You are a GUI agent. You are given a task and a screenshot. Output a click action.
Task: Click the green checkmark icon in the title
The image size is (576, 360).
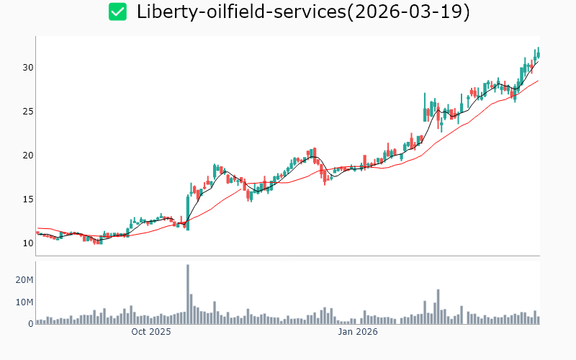click(x=117, y=12)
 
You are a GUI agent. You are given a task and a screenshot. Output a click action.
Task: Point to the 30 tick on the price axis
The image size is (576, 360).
click(x=27, y=67)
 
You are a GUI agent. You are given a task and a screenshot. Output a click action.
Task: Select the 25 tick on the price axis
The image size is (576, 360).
click(x=27, y=111)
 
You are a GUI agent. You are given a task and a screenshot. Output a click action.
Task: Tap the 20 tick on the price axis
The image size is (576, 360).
click(x=27, y=155)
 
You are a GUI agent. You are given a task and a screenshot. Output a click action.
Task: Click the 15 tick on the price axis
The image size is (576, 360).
click(x=27, y=199)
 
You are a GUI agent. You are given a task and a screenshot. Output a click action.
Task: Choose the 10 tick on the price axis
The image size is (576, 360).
click(x=27, y=243)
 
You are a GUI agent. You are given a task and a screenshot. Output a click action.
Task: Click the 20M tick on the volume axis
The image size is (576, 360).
click(x=24, y=279)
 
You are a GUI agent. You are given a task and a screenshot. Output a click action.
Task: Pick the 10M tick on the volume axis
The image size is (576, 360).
click(x=24, y=302)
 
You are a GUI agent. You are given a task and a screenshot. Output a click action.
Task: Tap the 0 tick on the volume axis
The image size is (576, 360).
click(x=31, y=324)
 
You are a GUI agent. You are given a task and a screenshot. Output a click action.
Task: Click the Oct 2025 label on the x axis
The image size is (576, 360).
click(x=151, y=332)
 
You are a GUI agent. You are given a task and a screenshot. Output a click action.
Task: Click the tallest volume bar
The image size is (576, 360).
click(x=188, y=294)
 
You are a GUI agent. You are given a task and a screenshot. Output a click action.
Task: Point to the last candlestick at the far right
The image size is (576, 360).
click(x=538, y=53)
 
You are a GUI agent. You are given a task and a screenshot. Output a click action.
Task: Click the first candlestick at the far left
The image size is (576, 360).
click(x=37, y=233)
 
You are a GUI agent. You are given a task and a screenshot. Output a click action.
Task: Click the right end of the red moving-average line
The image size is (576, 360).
click(x=538, y=81)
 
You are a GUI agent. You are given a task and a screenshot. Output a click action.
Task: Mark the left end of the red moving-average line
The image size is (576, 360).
click(x=37, y=228)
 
